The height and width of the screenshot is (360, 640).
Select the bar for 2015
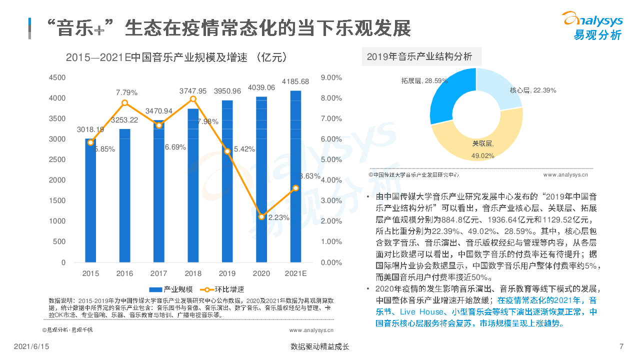click(x=90, y=200)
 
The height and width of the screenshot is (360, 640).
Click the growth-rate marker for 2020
click(x=261, y=217)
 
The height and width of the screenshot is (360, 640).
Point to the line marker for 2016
click(x=125, y=103)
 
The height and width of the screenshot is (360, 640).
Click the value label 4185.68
click(x=295, y=81)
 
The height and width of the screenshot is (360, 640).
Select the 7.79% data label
click(x=126, y=92)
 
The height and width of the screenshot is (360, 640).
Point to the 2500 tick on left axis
click(x=57, y=159)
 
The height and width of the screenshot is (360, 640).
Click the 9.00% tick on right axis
click(x=331, y=77)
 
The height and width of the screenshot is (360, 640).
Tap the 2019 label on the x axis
click(x=227, y=273)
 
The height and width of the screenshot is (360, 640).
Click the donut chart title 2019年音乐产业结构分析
click(x=419, y=56)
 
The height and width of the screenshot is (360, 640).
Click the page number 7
click(x=621, y=346)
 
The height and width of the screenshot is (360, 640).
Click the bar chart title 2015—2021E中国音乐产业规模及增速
click(x=176, y=57)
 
